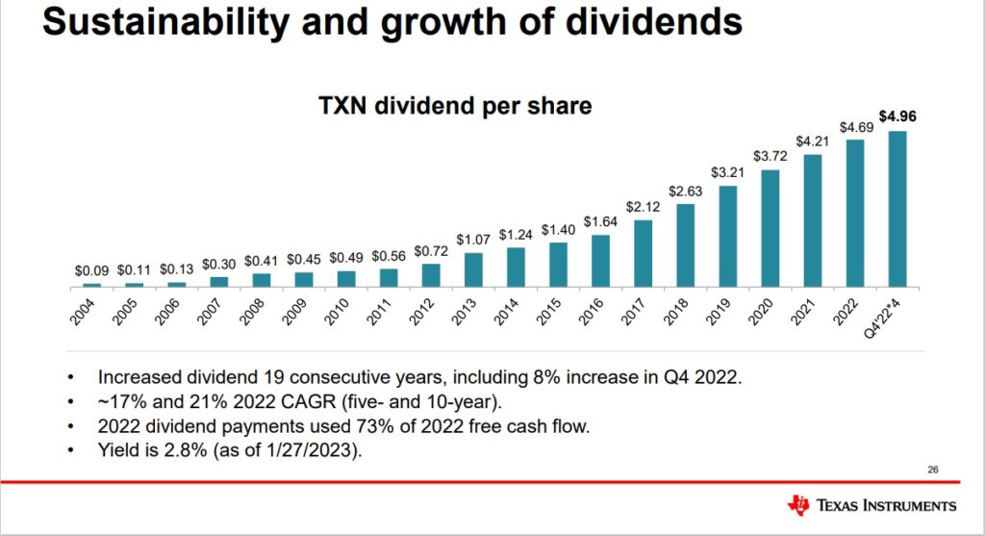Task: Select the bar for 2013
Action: coord(474,269)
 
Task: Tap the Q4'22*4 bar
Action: coord(897,209)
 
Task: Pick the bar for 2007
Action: coord(219,281)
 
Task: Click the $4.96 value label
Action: coord(897,116)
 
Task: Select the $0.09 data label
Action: coord(92,271)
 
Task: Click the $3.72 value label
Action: coord(770,155)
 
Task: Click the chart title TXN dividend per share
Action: coord(455,105)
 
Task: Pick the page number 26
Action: coord(932,469)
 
